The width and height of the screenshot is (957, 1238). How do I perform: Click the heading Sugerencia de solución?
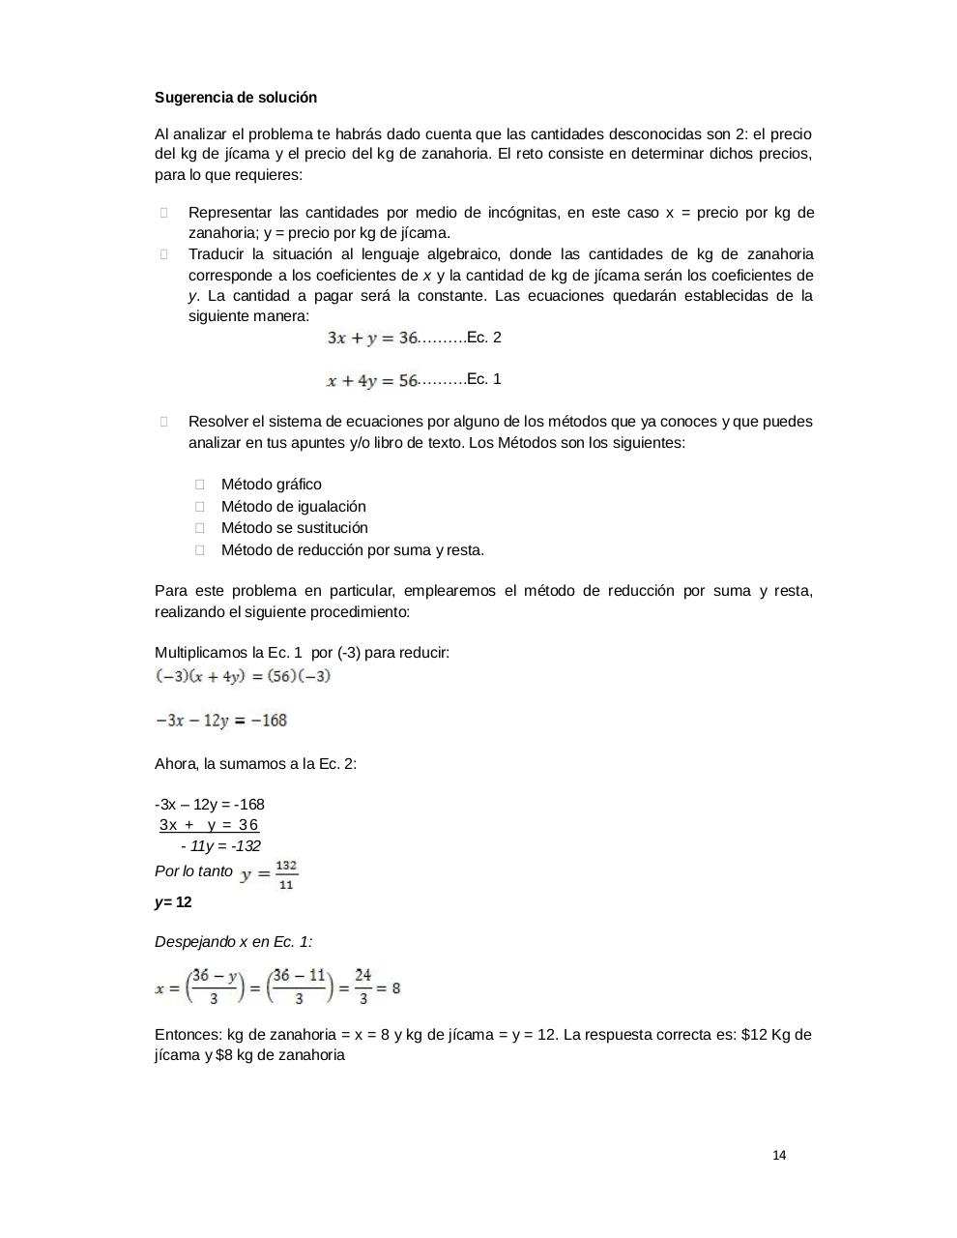point(236,98)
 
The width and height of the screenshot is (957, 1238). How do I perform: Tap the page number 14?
point(779,1155)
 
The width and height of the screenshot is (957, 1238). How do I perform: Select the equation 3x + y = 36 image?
point(372,338)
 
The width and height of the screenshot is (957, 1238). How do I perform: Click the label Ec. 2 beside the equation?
point(483,338)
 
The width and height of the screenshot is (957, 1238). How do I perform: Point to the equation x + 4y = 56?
point(372,380)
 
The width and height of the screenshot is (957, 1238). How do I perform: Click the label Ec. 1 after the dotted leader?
point(483,379)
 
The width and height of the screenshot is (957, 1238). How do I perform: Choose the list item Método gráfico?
point(271,485)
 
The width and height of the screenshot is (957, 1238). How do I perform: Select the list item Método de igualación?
point(293,507)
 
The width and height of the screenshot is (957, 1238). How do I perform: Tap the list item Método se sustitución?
point(294,528)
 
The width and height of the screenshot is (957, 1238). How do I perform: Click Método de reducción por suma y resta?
point(352,550)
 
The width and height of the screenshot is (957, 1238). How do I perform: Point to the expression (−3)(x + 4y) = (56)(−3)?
point(243,676)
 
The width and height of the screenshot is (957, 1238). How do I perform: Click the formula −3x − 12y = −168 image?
point(221,721)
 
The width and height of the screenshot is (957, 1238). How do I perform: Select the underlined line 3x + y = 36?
point(210,825)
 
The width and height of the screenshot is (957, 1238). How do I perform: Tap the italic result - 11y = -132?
point(220,846)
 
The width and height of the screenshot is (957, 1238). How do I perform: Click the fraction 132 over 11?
point(286,874)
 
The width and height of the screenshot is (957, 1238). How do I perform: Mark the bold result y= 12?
point(173,902)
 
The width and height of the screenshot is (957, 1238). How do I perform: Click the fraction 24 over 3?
point(362,987)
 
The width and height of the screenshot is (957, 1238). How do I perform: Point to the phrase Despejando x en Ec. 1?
point(233,942)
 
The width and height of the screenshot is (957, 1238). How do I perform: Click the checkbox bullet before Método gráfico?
point(200,485)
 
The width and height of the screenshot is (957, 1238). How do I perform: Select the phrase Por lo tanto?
point(193,871)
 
